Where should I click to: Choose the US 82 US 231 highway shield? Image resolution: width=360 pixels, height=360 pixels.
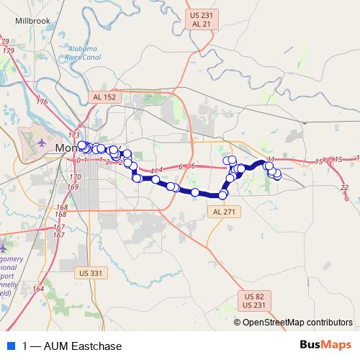(254, 302)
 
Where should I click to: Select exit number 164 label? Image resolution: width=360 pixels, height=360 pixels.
(37, 289)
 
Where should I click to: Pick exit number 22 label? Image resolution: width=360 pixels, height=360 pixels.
(344, 187)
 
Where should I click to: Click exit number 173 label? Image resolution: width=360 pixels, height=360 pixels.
(73, 135)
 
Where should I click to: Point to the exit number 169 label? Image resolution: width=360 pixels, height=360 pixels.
(73, 186)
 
